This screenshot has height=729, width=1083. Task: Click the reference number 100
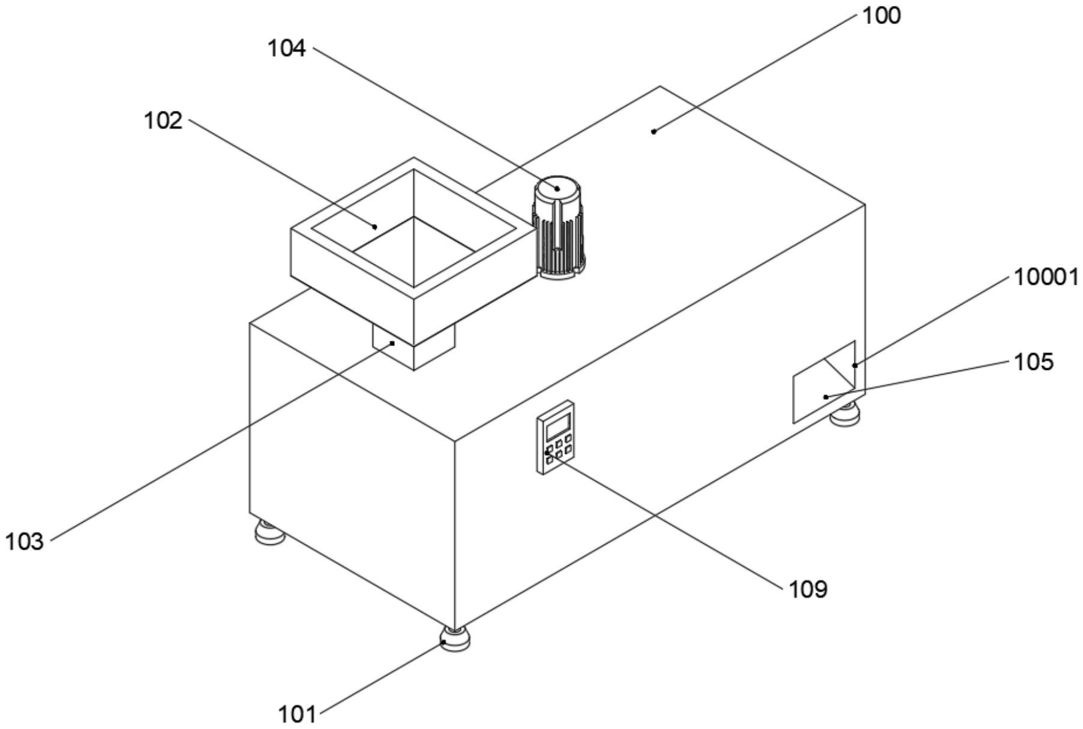881,16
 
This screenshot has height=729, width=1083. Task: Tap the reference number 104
286,48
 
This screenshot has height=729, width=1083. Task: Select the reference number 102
163,121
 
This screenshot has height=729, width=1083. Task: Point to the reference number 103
25,541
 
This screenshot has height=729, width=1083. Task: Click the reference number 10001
1046,277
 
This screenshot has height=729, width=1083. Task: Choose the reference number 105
1033,362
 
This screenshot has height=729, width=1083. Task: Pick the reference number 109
808,589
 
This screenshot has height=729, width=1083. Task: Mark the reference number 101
296,714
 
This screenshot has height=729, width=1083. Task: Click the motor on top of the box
558,228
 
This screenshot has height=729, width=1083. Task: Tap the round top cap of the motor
558,188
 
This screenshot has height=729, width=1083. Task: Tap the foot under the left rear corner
269,532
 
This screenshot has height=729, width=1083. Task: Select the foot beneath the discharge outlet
845,415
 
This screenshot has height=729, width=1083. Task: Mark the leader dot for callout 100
654,131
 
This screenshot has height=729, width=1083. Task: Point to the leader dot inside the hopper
375,227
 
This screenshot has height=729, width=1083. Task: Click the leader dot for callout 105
826,396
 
